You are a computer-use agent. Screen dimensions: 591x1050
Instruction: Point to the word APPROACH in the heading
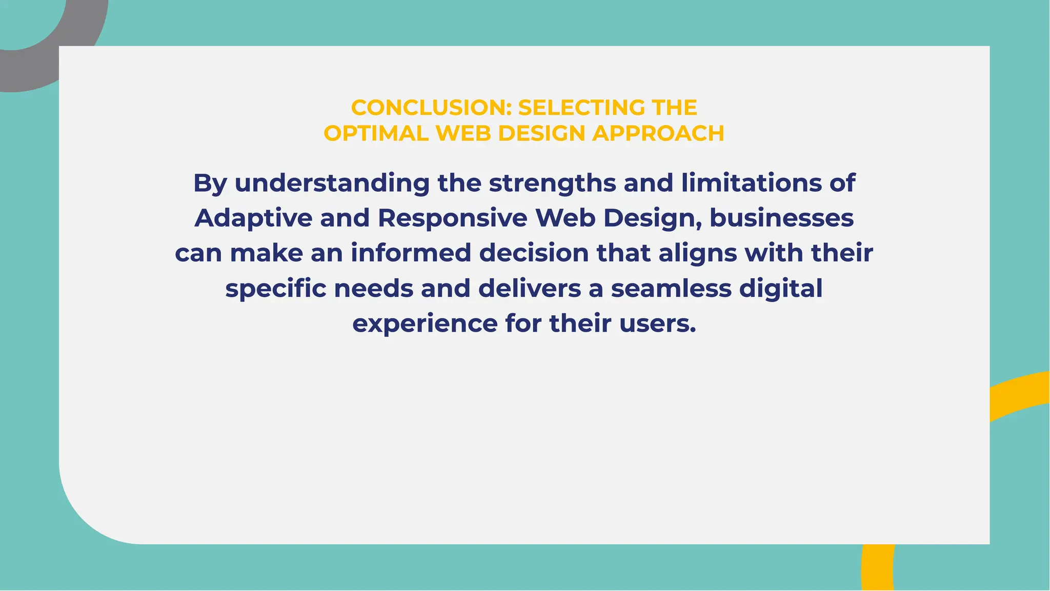click(x=658, y=133)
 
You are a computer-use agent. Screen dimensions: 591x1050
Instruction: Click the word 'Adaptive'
click(x=253, y=218)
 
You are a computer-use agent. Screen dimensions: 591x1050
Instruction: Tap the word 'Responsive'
click(x=452, y=218)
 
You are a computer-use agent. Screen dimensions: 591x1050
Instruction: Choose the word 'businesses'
click(x=781, y=218)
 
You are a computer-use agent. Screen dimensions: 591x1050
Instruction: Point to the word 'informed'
click(x=411, y=253)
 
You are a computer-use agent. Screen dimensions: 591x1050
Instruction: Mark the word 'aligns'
click(x=697, y=254)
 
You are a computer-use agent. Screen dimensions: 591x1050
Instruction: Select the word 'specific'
click(x=275, y=289)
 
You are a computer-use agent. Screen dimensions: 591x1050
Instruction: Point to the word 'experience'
click(x=425, y=324)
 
